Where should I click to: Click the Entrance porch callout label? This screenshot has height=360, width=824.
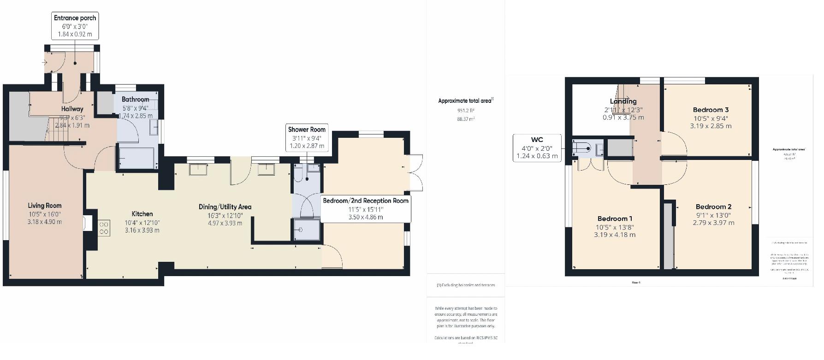pos(75,26)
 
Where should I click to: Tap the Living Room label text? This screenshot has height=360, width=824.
pos(44,206)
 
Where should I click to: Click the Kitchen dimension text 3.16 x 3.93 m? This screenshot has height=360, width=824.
pos(142,230)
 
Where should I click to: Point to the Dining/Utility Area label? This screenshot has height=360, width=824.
pos(225,207)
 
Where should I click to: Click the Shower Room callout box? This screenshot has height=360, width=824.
pos(307,137)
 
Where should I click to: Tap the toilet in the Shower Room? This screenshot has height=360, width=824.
pos(298,174)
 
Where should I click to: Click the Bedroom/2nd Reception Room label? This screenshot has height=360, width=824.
pos(365,201)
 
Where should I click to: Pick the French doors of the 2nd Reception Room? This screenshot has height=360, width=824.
pos(416,173)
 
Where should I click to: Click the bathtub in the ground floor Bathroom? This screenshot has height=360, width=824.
pos(136,158)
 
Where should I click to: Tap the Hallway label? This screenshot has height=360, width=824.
pos(72,109)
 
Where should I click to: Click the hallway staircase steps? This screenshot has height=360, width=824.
pos(57,129)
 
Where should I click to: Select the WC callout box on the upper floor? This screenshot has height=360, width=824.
pos(537,148)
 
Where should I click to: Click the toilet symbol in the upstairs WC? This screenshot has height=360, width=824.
pos(582,148)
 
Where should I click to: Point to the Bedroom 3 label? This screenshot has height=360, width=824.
pos(711,110)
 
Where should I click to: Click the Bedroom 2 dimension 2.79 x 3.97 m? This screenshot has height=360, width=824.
pos(713,223)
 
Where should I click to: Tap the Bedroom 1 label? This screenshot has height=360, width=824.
pos(615,218)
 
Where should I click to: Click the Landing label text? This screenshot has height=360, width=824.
pos(623,101)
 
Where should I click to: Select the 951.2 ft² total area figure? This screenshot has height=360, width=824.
pos(466,111)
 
